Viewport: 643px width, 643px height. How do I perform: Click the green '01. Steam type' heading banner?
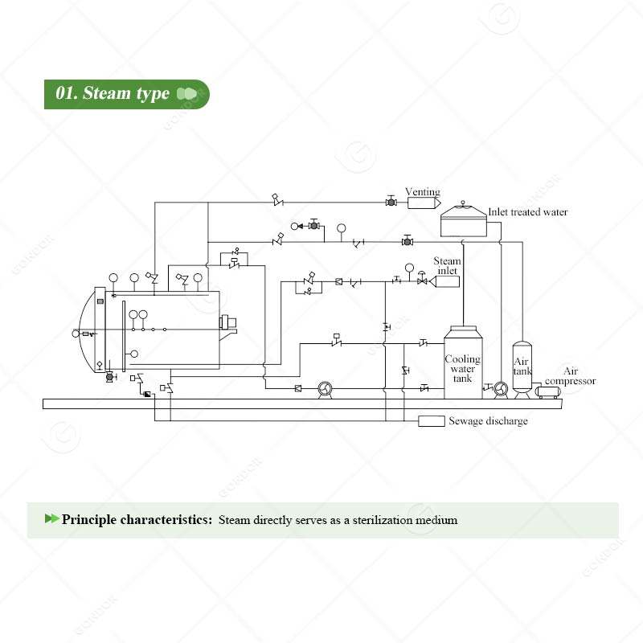(x=125, y=94)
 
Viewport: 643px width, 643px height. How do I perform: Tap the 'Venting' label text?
(x=422, y=192)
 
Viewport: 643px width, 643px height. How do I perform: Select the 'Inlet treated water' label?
(x=528, y=212)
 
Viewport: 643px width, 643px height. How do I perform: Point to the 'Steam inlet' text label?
(x=447, y=266)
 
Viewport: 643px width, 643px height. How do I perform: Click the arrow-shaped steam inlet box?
(x=445, y=281)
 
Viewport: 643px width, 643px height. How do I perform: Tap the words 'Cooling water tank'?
(x=463, y=368)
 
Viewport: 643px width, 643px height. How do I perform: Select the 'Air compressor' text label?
(x=571, y=375)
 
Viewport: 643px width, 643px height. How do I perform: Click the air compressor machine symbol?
(x=550, y=392)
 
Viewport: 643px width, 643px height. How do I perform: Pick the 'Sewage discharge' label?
(x=488, y=421)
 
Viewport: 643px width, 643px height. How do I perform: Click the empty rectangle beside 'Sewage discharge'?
(x=432, y=421)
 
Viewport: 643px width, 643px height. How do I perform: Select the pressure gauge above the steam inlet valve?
(x=409, y=267)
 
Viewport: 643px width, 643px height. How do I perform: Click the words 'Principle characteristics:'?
(x=137, y=519)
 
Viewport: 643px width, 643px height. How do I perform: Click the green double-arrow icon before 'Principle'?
(x=51, y=519)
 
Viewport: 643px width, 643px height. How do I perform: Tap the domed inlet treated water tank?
(x=464, y=219)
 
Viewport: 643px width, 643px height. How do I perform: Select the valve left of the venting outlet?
(x=391, y=202)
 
